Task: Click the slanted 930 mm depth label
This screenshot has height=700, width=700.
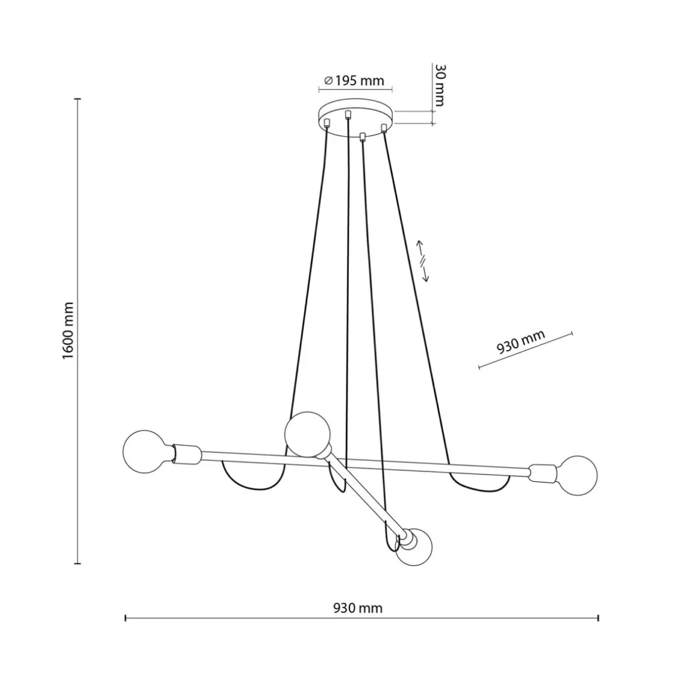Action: (520, 342)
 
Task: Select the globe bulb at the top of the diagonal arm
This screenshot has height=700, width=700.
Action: (307, 434)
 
